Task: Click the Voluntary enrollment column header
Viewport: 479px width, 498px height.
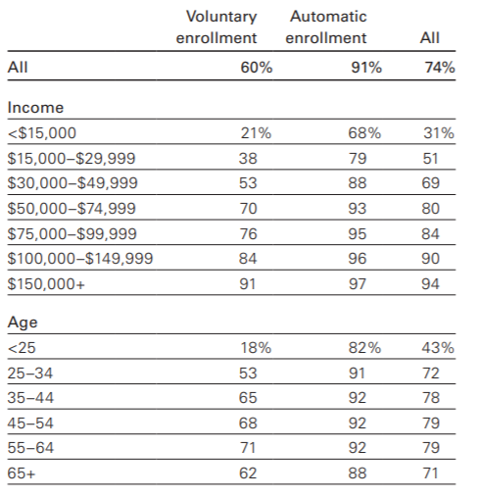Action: pyautogui.click(x=216, y=27)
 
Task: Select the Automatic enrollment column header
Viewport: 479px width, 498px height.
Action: pyautogui.click(x=326, y=27)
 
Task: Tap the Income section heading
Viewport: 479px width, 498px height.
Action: pyautogui.click(x=35, y=108)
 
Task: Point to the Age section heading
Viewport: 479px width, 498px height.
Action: pyautogui.click(x=23, y=323)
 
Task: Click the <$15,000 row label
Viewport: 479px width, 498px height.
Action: pyautogui.click(x=42, y=133)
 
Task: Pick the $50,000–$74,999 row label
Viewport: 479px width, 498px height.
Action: pyautogui.click(x=72, y=209)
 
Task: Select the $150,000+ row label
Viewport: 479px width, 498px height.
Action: pyautogui.click(x=46, y=283)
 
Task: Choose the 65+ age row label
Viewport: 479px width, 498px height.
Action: pyautogui.click(x=22, y=473)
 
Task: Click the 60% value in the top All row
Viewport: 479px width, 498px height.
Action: pyautogui.click(x=257, y=68)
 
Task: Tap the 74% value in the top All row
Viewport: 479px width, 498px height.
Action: pyautogui.click(x=440, y=68)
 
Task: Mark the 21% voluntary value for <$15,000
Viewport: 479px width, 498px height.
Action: pyautogui.click(x=256, y=133)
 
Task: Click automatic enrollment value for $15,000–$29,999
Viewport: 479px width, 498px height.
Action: pyautogui.click(x=358, y=159)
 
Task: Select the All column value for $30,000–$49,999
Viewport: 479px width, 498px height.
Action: pyautogui.click(x=430, y=183)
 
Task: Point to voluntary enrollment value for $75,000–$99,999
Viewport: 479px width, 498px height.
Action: pyautogui.click(x=248, y=234)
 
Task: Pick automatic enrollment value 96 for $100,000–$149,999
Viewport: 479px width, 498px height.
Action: pyautogui.click(x=358, y=259)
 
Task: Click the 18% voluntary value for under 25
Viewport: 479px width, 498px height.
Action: pyautogui.click(x=256, y=347)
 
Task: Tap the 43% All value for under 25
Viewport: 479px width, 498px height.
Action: pyautogui.click(x=438, y=347)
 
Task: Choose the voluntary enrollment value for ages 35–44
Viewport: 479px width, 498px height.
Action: pyautogui.click(x=248, y=398)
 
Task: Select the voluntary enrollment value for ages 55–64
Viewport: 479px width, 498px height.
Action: pyautogui.click(x=248, y=448)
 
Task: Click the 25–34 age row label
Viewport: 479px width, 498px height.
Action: pyautogui.click(x=30, y=373)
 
